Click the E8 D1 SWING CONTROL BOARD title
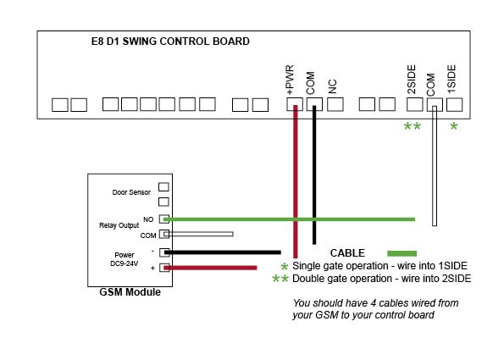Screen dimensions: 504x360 (x=170, y=42)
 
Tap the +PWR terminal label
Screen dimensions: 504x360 (x=291, y=80)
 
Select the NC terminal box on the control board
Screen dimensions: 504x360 (x=335, y=104)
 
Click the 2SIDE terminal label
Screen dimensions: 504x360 (x=412, y=80)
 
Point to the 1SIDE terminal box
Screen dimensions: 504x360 (x=454, y=104)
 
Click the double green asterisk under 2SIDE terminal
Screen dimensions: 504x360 (x=412, y=126)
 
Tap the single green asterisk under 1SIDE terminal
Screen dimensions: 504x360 (x=453, y=126)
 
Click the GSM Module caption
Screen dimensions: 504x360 (x=130, y=292)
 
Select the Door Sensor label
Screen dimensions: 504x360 (x=131, y=192)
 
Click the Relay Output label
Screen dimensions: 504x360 (x=119, y=225)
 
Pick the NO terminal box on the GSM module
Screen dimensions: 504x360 (x=164, y=219)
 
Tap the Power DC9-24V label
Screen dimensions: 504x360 (x=124, y=259)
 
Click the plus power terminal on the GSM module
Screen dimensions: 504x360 (x=164, y=268)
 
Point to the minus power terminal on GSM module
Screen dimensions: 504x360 (x=164, y=252)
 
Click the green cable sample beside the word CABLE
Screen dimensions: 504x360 (x=402, y=253)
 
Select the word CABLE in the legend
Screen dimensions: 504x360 (x=347, y=253)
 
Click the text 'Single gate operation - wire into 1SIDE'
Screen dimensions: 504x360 (x=379, y=266)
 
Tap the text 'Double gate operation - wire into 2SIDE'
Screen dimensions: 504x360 (x=381, y=279)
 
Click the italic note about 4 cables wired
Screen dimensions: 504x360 (x=375, y=309)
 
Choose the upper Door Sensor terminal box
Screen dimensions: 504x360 (x=163, y=186)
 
